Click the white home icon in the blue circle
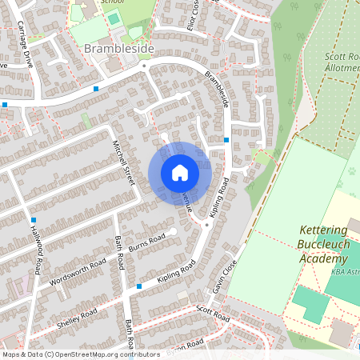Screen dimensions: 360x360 pos(180,173)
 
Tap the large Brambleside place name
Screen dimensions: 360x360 pos(119,50)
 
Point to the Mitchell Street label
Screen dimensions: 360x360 pos(124,163)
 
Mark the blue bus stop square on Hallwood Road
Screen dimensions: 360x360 pos(34,219)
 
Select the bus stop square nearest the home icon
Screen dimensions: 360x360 pos(227,140)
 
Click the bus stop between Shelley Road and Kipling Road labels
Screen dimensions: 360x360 pos(139,286)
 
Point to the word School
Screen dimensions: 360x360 pos(110,2)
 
